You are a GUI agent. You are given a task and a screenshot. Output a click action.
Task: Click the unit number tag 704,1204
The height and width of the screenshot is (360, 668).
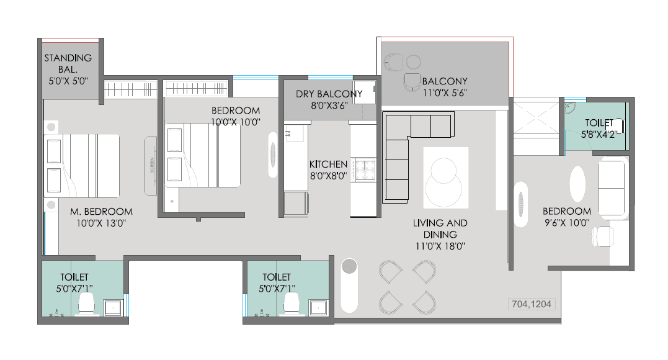pyautogui.click(x=532, y=304)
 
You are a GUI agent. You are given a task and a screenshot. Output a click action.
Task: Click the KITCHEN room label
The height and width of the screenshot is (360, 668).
pyautogui.click(x=328, y=164)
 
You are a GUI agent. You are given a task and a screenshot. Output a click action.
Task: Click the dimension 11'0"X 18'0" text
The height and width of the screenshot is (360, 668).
pyautogui.click(x=441, y=246)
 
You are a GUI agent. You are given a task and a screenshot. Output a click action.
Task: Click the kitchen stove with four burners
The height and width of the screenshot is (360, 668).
pyautogui.click(x=364, y=169)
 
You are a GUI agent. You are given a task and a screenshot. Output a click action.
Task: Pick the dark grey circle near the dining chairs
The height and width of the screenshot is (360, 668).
pyautogui.click(x=349, y=266)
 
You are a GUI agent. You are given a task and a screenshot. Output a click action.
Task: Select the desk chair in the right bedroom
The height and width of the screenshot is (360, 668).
pyautogui.click(x=602, y=236)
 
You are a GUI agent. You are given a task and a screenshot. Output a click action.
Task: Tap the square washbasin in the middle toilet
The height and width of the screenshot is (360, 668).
pyautogui.click(x=319, y=306)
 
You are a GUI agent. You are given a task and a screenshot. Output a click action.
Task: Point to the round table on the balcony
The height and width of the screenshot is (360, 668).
pyautogui.click(x=414, y=61)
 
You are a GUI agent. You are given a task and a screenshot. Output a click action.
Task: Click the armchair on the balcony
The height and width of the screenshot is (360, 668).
pyautogui.click(x=411, y=83)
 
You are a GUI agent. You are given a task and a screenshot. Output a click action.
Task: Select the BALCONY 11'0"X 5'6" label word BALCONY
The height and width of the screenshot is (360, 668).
pyautogui.click(x=444, y=81)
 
